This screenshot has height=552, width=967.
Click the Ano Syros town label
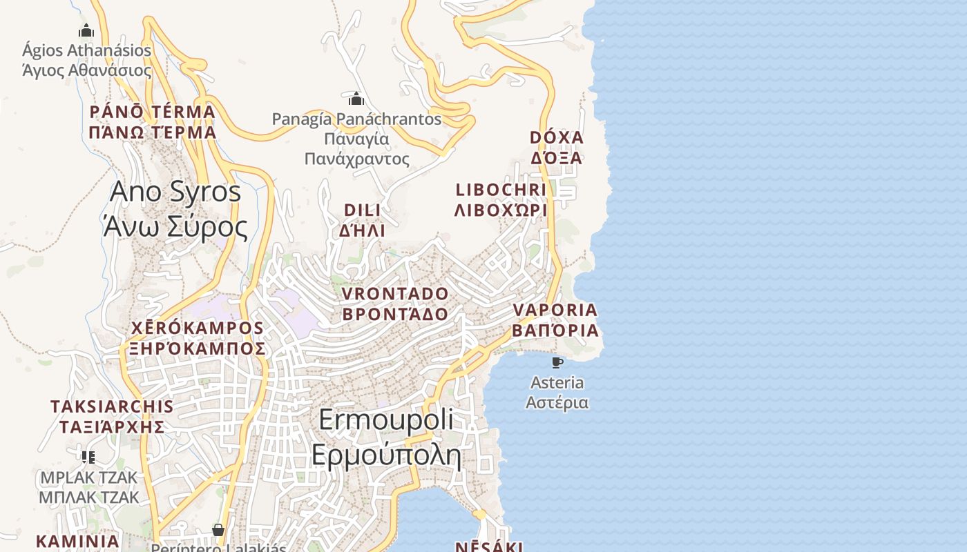[x=175, y=209]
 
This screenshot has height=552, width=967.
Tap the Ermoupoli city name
[x=386, y=437]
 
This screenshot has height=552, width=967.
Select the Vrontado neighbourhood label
[x=395, y=304]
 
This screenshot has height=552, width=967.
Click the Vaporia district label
[x=555, y=319]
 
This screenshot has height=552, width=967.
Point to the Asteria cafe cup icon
[x=557, y=362]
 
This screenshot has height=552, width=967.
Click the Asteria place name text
[x=557, y=392]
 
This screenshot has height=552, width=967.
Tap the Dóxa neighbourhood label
[x=557, y=148]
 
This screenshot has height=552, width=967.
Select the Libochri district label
[x=501, y=200]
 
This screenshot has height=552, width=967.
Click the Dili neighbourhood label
[x=363, y=220]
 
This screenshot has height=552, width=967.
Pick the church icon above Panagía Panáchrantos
[x=356, y=99]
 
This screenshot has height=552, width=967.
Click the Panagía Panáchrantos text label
[x=356, y=139]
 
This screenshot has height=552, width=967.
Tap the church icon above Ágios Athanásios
[x=86, y=30]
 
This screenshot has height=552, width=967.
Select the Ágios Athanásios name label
[x=87, y=60]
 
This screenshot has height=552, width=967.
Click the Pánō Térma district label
[x=153, y=121]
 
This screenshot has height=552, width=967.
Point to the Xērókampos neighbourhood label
[x=198, y=338]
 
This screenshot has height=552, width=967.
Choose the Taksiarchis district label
[x=112, y=416]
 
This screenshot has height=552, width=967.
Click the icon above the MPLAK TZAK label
[x=88, y=457]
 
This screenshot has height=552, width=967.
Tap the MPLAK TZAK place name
[x=88, y=487]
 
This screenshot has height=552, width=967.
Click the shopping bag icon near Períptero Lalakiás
[x=218, y=530]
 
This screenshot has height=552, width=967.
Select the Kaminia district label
[x=77, y=541]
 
